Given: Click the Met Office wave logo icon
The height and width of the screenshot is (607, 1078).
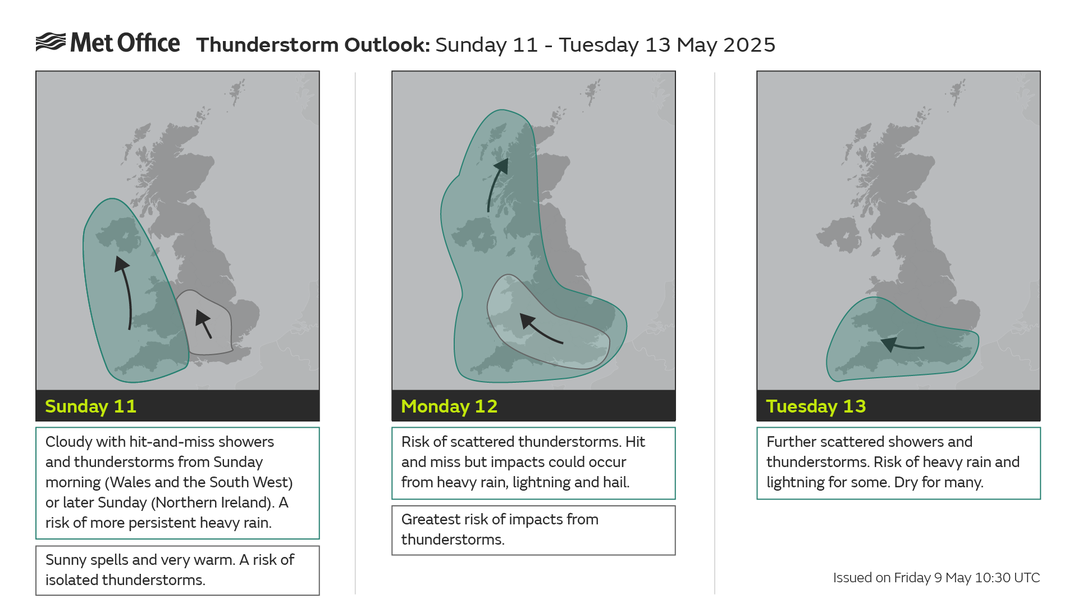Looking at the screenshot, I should pos(51,42).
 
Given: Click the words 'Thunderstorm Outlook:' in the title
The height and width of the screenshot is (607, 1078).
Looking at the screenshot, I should pos(313,45).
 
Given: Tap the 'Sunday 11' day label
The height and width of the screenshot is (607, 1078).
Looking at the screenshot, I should pos(90,406).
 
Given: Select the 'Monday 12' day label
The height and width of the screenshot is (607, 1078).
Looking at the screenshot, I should pos(449,406).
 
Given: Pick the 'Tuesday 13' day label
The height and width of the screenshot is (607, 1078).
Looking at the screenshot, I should pos(816,406).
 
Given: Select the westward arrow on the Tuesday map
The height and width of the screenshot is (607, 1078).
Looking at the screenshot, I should pos(902,345).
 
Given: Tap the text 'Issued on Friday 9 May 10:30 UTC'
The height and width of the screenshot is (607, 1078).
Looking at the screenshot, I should pos(936,578).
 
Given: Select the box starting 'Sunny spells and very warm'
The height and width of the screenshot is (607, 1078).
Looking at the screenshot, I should pos(177,570).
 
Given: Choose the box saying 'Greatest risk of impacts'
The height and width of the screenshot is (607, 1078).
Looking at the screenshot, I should pos(533,529).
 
